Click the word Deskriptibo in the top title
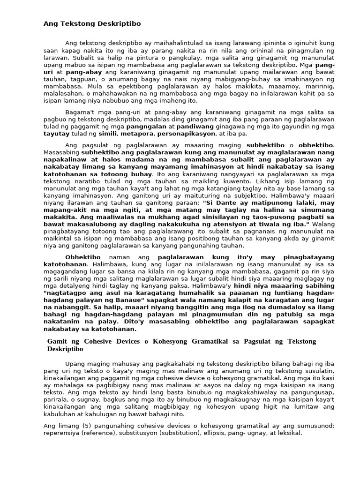119,23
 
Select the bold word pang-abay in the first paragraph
83,72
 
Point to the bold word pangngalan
143,127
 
